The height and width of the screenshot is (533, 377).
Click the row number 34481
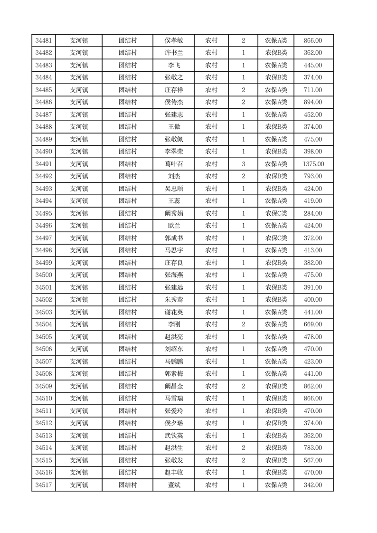coord(43,41)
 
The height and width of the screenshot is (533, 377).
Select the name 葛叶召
coord(173,164)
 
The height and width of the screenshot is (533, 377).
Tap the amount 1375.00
coord(313,164)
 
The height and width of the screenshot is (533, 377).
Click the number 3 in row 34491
coord(243,164)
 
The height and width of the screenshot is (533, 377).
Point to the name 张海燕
coord(173,275)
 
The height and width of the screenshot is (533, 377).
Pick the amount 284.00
coord(313,213)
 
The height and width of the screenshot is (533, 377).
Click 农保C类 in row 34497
coord(276,238)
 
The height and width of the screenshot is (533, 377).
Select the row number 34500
coord(43,275)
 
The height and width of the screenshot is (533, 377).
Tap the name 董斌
coord(173,485)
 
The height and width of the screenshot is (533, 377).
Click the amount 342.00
coord(313,485)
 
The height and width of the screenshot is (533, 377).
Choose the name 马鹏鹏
coord(173,362)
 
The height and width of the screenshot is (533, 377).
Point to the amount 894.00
coord(313,102)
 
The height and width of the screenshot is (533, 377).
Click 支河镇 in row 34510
coord(79,399)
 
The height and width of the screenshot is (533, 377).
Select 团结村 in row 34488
coord(128,127)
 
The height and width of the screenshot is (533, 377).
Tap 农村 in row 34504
coord(211,324)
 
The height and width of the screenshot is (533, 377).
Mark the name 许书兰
coord(173,53)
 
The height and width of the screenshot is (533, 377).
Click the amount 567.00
coord(313,460)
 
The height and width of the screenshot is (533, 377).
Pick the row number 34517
coord(43,485)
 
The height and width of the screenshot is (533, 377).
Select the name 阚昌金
coord(173,386)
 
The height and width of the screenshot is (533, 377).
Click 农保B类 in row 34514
coord(276,448)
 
